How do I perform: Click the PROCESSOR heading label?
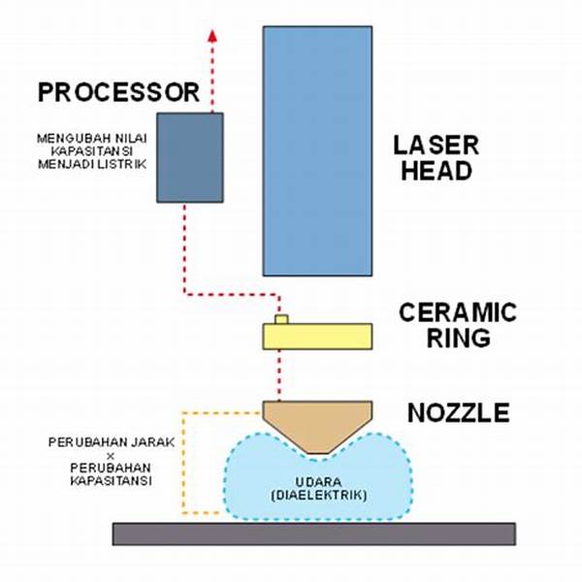(x=118, y=93)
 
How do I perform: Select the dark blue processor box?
(x=190, y=157)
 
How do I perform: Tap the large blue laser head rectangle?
(x=317, y=150)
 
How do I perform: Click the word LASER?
(x=436, y=146)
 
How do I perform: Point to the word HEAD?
(x=433, y=172)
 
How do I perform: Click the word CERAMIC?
(x=458, y=313)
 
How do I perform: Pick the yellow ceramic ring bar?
(x=317, y=337)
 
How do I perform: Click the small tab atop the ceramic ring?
(x=281, y=319)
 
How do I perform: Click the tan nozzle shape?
(x=316, y=422)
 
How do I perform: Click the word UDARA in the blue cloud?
(x=316, y=481)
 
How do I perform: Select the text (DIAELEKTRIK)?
(x=316, y=496)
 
